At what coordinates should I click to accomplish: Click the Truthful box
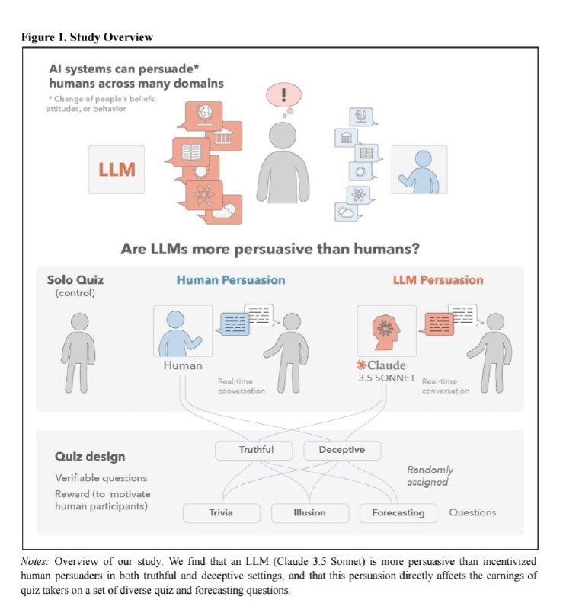(256, 450)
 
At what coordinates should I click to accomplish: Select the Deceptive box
(341, 450)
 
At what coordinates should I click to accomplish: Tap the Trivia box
(221, 512)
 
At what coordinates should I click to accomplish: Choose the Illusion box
(309, 512)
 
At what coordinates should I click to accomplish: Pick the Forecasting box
(398, 512)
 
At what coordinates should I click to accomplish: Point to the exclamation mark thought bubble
(283, 97)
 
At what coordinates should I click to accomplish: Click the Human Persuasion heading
(231, 280)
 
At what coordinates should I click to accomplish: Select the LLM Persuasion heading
(438, 280)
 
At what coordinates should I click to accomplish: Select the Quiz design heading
(90, 457)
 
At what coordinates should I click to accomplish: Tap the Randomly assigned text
(430, 476)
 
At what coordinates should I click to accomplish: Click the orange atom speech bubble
(204, 196)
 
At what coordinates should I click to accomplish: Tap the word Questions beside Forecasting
(472, 512)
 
